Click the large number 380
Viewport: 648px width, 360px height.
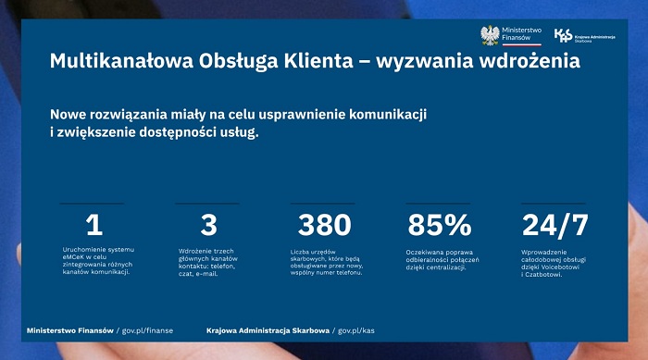coord(324,225)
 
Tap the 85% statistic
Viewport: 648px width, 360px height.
coord(439,225)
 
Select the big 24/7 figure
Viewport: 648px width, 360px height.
coord(555,225)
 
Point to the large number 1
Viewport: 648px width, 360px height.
coord(93,225)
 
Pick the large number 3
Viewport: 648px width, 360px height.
coord(208,225)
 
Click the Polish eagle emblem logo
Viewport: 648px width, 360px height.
coord(490,35)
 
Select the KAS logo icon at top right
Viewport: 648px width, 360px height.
coord(562,35)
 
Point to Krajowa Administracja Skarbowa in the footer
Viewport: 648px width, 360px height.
coord(268,329)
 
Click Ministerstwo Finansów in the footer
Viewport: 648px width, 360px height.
coord(69,329)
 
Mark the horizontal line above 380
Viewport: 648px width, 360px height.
coord(324,203)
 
